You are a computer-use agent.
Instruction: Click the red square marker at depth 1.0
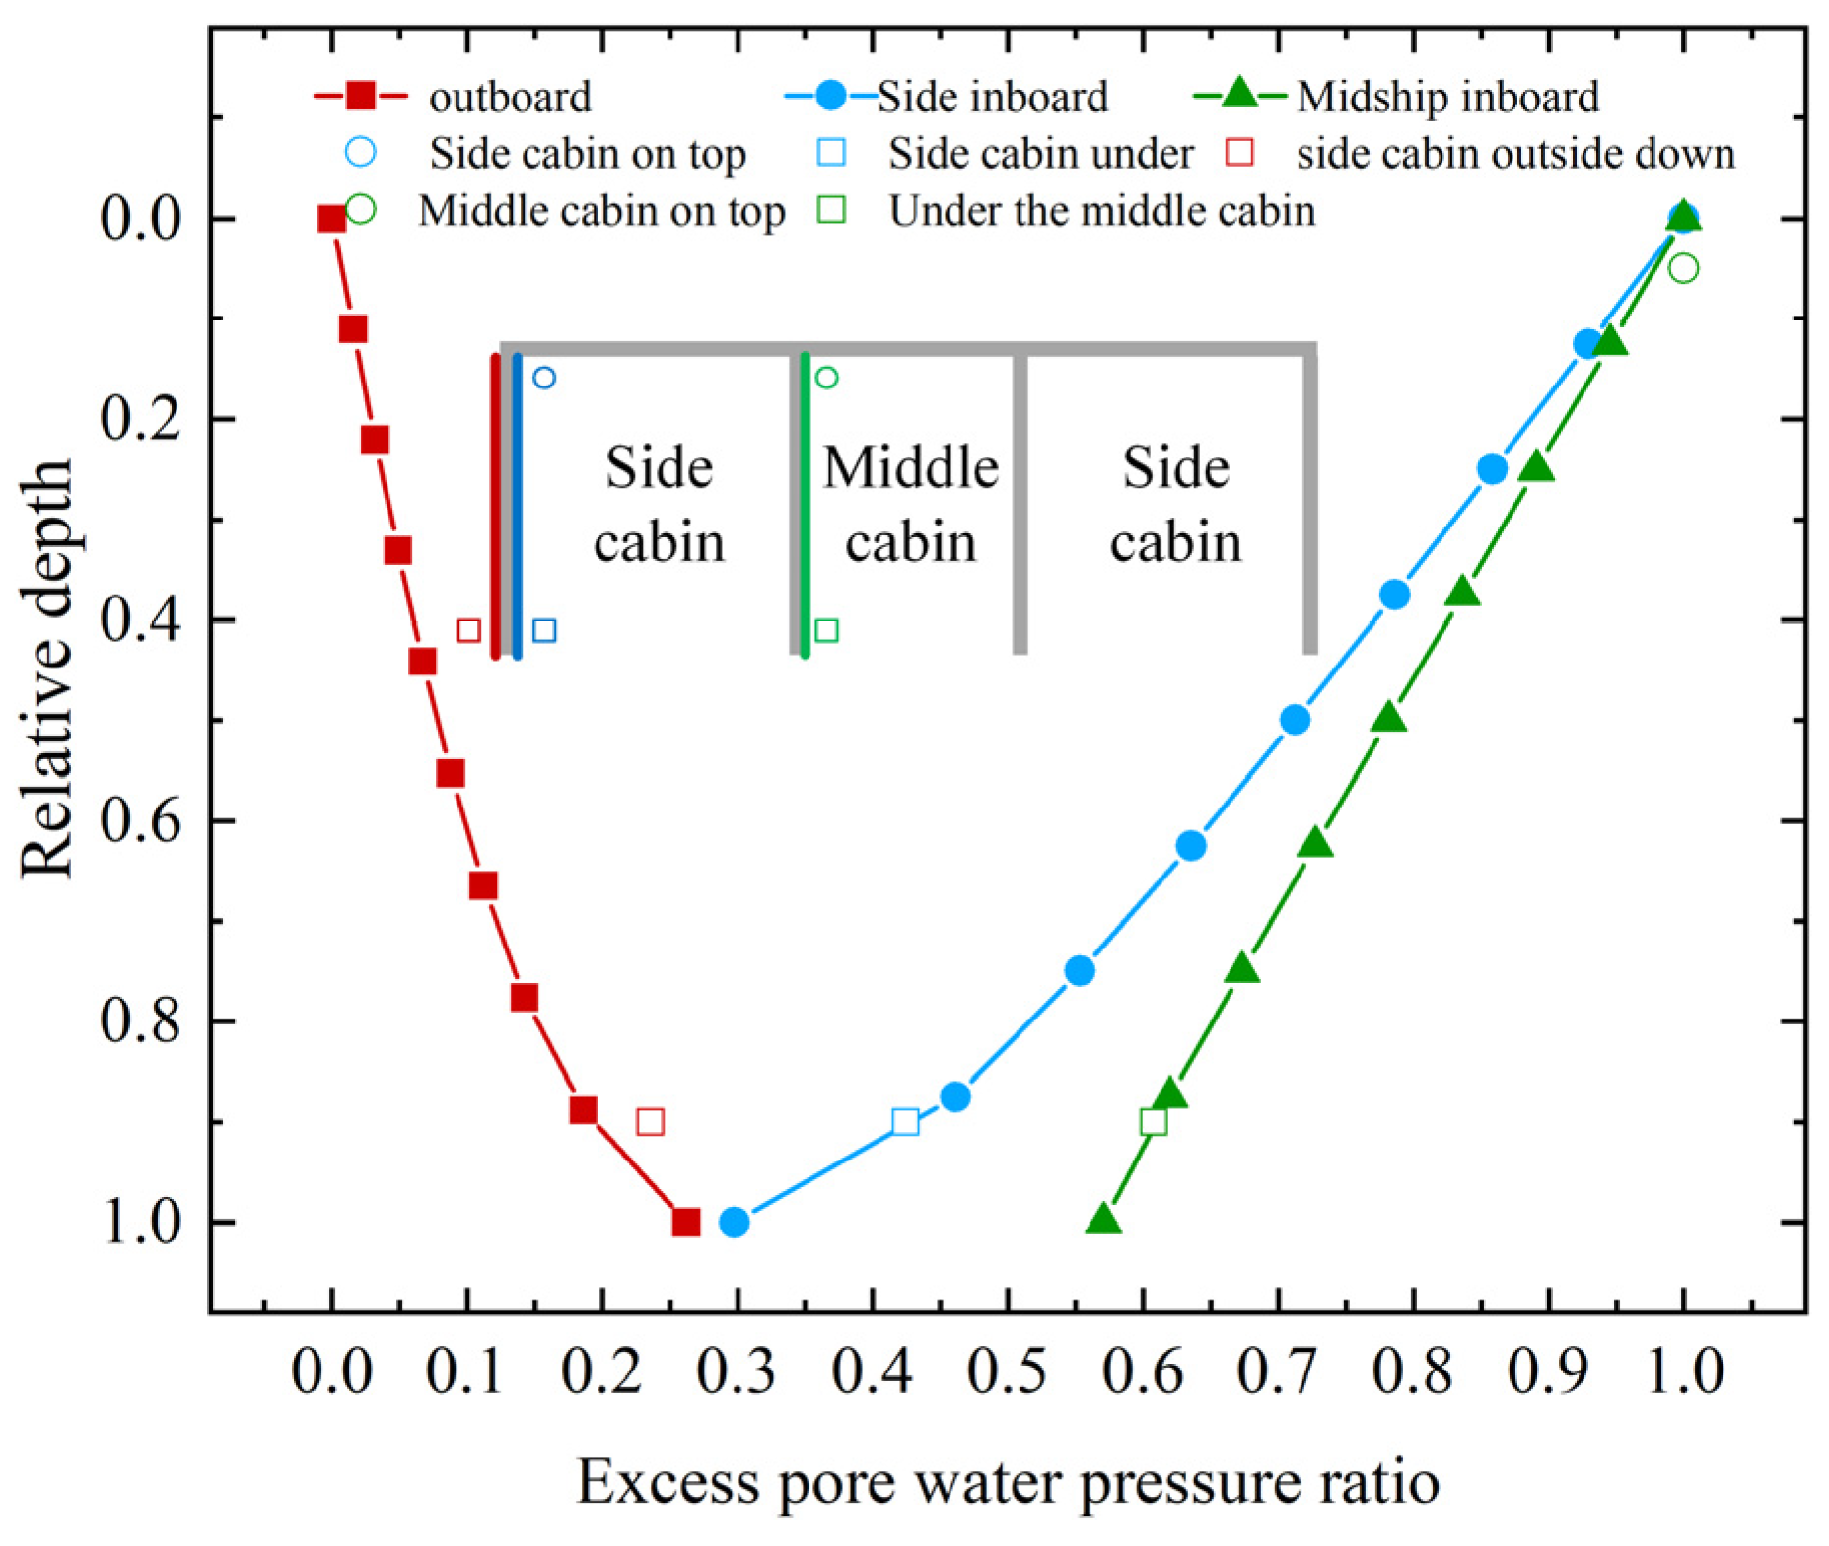click(x=686, y=1223)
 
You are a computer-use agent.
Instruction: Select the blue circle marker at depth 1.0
click(x=734, y=1223)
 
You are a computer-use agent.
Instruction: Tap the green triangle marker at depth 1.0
click(x=1104, y=1221)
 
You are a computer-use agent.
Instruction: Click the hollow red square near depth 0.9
click(x=650, y=1121)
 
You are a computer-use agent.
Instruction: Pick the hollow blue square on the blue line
click(x=905, y=1121)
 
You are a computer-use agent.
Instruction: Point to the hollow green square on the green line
click(x=1153, y=1121)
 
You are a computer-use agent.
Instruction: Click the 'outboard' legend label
click(x=510, y=97)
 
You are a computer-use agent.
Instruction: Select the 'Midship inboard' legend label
click(x=1447, y=97)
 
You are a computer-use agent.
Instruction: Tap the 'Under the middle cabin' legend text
click(x=1102, y=211)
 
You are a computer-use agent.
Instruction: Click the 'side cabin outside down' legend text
click(x=1515, y=154)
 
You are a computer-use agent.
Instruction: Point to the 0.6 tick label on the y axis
click(x=141, y=820)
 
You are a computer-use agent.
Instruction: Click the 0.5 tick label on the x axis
click(x=1007, y=1371)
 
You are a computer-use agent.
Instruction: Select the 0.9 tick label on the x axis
click(x=1548, y=1371)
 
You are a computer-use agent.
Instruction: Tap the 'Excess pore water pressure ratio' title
click(x=1007, y=1482)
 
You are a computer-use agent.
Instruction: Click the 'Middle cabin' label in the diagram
click(x=910, y=504)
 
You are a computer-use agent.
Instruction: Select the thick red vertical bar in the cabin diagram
click(x=495, y=505)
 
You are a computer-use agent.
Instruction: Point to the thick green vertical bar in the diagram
click(x=806, y=505)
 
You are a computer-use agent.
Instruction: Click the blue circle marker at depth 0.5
click(x=1296, y=720)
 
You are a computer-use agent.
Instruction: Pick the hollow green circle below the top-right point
click(x=1684, y=268)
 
